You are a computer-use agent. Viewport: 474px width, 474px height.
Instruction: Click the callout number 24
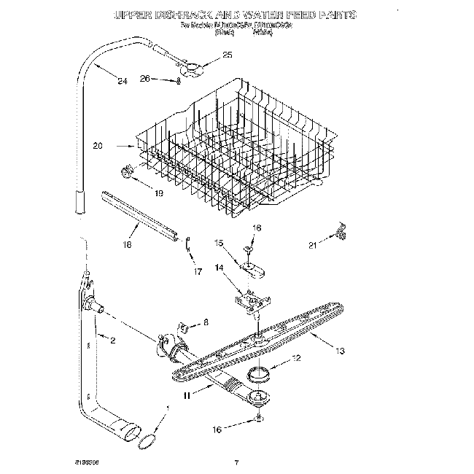coord(122,81)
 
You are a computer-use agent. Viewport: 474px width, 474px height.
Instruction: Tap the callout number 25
coord(227,55)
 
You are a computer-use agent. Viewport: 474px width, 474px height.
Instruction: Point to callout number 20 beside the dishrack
coord(98,146)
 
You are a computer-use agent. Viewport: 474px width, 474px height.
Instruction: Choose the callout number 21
coord(313,245)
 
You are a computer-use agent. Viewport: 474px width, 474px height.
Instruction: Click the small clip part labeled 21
coord(338,230)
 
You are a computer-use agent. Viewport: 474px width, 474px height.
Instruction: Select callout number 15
coord(219,242)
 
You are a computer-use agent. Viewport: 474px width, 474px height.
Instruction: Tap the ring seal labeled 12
coord(257,376)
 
